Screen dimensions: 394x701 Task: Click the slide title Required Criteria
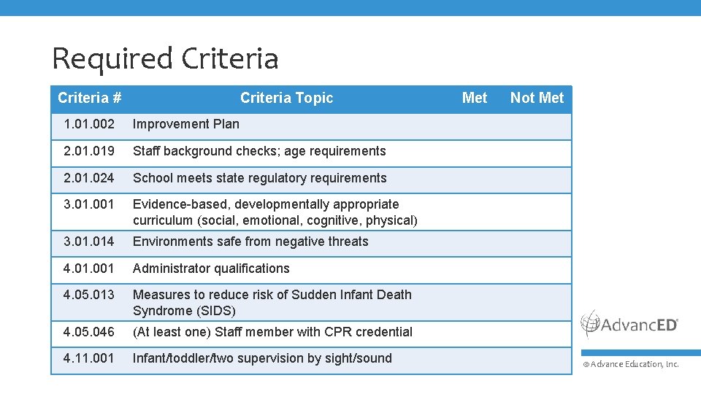165,58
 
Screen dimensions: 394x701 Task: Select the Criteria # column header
89,98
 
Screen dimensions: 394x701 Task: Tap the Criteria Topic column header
286,98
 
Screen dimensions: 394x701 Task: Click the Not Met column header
537,98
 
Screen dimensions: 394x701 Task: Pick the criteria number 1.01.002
89,124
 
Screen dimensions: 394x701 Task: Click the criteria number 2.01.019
89,151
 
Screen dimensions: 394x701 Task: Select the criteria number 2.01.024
89,178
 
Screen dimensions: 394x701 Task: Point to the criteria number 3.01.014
89,242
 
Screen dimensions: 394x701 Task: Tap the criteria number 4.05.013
89,295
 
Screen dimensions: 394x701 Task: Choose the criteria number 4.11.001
89,358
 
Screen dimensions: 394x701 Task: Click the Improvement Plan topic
186,124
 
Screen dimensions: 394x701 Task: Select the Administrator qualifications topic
211,269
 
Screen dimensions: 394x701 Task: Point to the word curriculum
163,220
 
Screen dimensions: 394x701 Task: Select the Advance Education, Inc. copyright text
631,364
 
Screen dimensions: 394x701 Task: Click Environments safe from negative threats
250,242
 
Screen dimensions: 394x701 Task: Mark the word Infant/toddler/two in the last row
187,358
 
